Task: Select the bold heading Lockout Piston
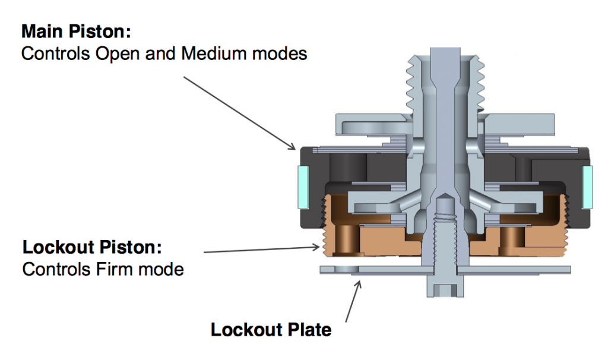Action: pos(92,247)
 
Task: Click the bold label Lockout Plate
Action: pos(271,329)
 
